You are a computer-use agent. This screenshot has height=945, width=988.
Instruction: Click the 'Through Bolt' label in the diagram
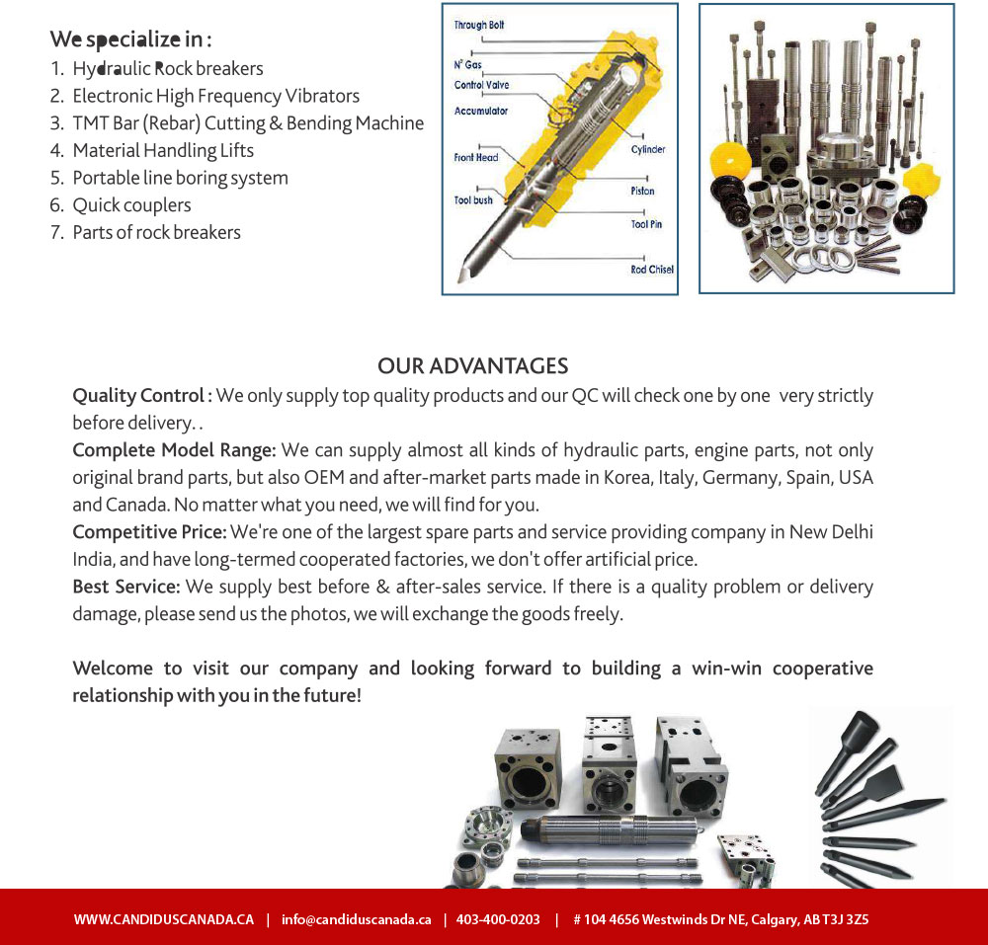(x=479, y=25)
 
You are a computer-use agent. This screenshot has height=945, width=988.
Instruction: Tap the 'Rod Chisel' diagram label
(x=652, y=270)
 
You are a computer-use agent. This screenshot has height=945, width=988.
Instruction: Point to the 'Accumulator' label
(x=481, y=111)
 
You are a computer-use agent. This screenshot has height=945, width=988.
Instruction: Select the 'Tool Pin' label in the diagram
(x=647, y=225)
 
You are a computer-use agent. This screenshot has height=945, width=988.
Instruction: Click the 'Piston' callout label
(x=642, y=192)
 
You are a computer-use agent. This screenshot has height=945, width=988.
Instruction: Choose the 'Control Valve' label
(x=482, y=85)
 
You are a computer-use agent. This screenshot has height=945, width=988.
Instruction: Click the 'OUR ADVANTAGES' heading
(x=472, y=366)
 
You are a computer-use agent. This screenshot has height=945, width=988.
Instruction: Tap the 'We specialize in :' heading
(x=131, y=40)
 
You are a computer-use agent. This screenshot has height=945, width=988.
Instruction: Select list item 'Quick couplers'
(x=131, y=205)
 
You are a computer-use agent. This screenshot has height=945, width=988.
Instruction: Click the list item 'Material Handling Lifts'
(x=163, y=151)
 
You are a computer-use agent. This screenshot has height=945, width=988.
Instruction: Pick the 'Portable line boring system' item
(x=180, y=179)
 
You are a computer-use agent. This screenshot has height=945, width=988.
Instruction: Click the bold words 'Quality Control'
(x=138, y=396)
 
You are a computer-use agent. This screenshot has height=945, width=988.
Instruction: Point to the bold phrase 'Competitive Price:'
(x=149, y=533)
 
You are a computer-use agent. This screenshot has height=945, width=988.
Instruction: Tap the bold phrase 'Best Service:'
(x=126, y=588)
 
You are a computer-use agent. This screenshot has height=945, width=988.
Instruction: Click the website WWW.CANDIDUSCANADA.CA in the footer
(x=164, y=919)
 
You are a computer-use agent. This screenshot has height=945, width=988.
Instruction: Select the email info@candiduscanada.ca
(x=356, y=919)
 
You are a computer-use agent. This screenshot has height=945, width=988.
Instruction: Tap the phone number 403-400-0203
(x=499, y=919)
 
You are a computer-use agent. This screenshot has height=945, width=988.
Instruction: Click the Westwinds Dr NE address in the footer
(x=721, y=919)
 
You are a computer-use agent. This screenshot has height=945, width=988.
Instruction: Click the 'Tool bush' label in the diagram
(x=473, y=200)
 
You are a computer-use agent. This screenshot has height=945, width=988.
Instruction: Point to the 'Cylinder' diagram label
(x=648, y=150)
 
